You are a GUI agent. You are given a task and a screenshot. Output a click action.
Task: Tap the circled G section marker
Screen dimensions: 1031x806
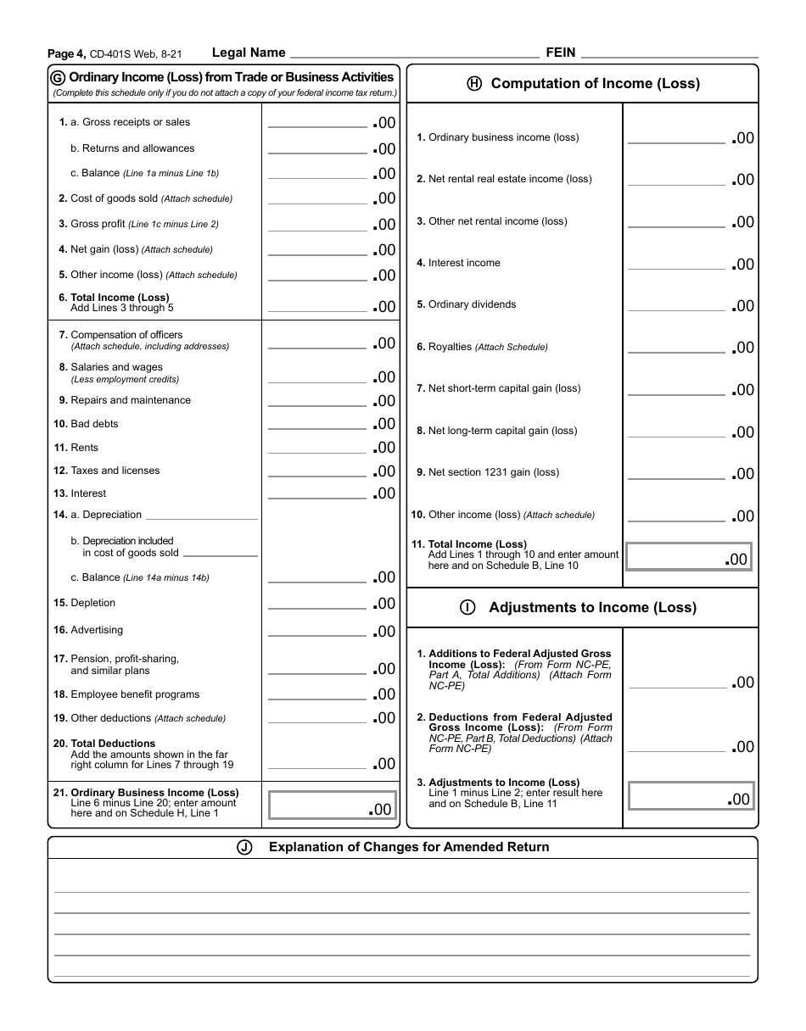59,78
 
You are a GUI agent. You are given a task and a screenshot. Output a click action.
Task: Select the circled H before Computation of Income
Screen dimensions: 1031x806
474,83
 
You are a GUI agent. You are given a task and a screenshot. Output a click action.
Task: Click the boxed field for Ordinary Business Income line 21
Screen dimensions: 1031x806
332,805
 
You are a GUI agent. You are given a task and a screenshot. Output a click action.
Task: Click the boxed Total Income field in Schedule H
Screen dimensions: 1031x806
688,556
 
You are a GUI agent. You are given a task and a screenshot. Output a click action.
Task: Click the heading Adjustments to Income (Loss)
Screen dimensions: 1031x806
592,607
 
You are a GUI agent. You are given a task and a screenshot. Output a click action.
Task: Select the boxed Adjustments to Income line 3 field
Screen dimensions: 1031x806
690,796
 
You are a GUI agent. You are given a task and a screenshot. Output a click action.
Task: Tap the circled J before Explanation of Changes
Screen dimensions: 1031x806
245,847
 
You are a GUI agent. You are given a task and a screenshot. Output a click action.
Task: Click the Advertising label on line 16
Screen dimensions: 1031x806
97,630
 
